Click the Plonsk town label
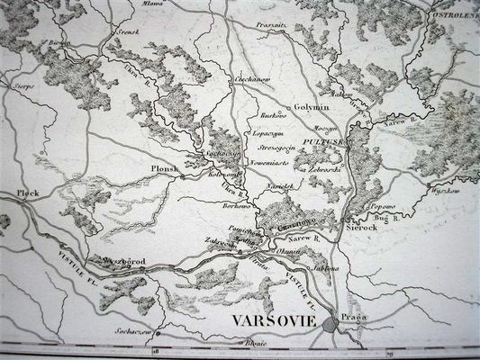click(x=165, y=167)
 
